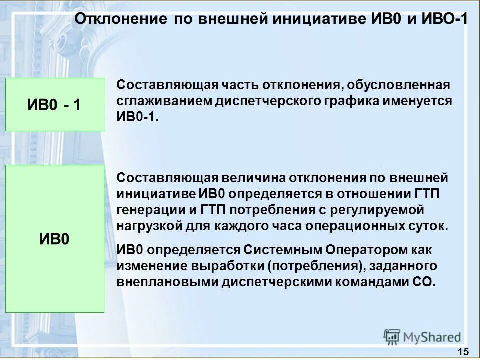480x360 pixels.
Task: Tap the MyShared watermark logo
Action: pos(422,337)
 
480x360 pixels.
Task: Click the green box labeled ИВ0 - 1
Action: pos(55,105)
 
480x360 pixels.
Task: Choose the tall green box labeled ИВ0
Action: pos(55,239)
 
